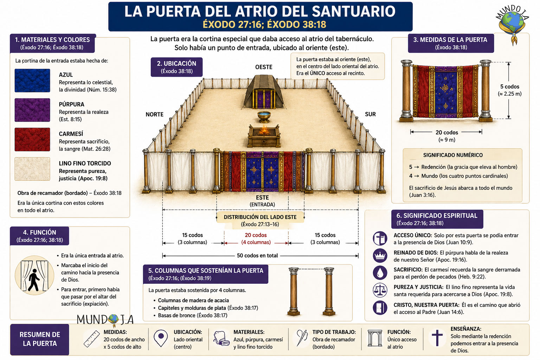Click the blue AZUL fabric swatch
click(x=32, y=81)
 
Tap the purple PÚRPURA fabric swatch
click(x=32, y=110)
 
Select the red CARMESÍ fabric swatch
click(x=32, y=139)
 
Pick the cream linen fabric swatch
click(x=32, y=169)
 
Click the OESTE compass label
click(x=264, y=67)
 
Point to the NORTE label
click(x=155, y=114)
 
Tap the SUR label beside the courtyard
click(x=370, y=114)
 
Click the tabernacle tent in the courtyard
click(x=264, y=92)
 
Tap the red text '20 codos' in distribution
click(x=256, y=235)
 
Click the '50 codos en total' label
click(x=257, y=256)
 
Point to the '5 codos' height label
click(x=510, y=86)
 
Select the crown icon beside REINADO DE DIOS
click(x=380, y=255)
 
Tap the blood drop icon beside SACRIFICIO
click(x=380, y=273)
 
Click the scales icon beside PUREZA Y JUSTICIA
click(x=380, y=290)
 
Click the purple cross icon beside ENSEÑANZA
click(x=437, y=338)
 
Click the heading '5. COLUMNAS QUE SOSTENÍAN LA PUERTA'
click(x=206, y=271)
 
